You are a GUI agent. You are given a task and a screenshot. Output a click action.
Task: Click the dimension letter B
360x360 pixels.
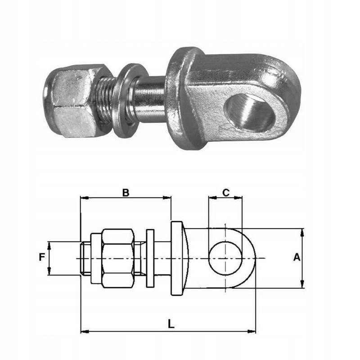[x=126, y=192]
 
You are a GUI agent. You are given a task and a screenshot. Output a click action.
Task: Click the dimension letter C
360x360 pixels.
[x=226, y=192]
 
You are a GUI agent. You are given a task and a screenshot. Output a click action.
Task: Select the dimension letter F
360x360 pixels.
[x=42, y=257]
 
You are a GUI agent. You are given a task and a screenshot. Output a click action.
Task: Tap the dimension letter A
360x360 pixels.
[x=297, y=257]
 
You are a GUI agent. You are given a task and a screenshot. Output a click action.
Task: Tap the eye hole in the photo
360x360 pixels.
[x=250, y=112]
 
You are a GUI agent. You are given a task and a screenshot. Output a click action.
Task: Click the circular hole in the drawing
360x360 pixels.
[x=225, y=258]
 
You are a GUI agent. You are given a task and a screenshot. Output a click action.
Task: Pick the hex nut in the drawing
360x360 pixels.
[x=117, y=258]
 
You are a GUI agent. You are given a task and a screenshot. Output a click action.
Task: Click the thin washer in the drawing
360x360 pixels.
[x=150, y=258]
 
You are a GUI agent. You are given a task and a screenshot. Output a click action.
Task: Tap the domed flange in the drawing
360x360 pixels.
[x=177, y=258]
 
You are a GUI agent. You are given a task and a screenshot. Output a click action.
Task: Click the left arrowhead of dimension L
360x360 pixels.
[x=83, y=332]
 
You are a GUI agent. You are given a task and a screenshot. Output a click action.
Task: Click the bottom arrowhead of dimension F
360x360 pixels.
[x=49, y=272]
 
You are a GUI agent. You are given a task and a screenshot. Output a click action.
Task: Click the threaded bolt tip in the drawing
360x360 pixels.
[x=85, y=258]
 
